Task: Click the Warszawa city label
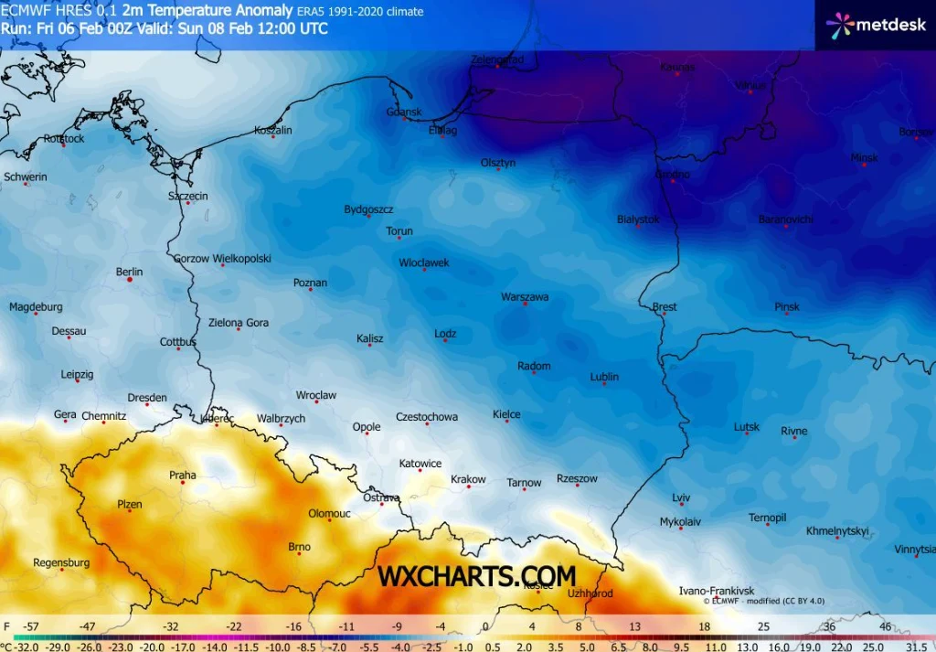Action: click(x=525, y=297)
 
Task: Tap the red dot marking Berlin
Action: click(x=130, y=280)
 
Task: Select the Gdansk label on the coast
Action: click(x=404, y=112)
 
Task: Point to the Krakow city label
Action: click(x=468, y=479)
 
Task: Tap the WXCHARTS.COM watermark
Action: click(x=477, y=576)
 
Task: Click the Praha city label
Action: click(x=183, y=475)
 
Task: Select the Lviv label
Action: click(x=681, y=497)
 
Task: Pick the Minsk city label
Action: click(x=864, y=158)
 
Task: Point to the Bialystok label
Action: click(x=638, y=219)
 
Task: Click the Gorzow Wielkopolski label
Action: click(x=222, y=259)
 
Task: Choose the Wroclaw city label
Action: click(x=316, y=396)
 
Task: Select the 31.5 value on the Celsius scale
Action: click(x=916, y=644)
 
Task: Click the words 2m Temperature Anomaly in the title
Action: click(x=207, y=11)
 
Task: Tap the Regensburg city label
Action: click(x=61, y=562)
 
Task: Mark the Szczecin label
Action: click(x=188, y=197)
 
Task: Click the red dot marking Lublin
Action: click(x=604, y=384)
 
